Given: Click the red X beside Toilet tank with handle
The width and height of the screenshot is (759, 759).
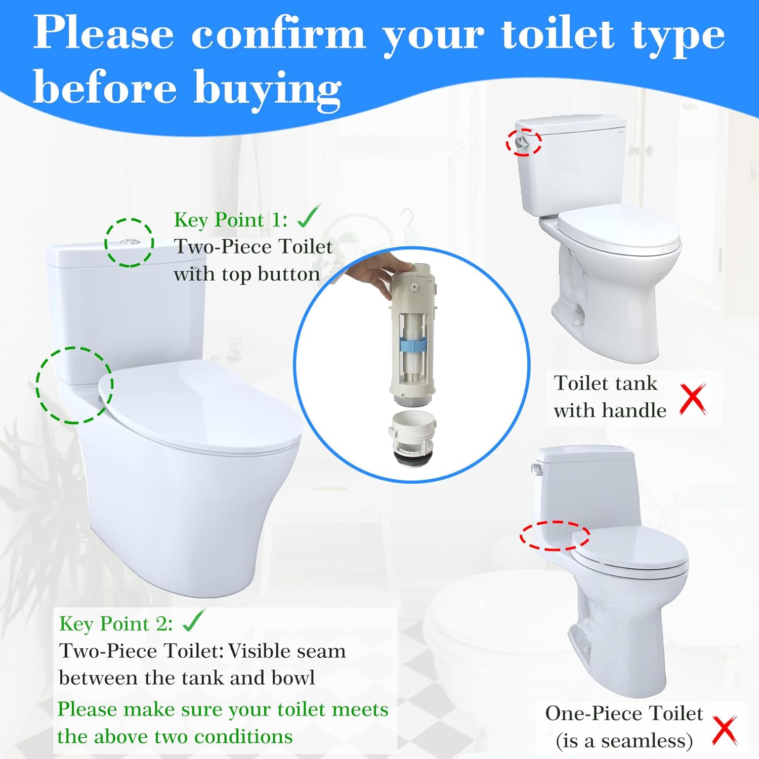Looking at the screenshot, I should click(x=693, y=399).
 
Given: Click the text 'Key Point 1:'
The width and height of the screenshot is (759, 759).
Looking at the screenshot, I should click(x=231, y=220).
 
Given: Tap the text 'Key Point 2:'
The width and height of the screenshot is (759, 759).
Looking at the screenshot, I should click(x=116, y=623).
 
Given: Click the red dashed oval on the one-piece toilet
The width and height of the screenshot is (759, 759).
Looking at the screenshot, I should click(x=555, y=535).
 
